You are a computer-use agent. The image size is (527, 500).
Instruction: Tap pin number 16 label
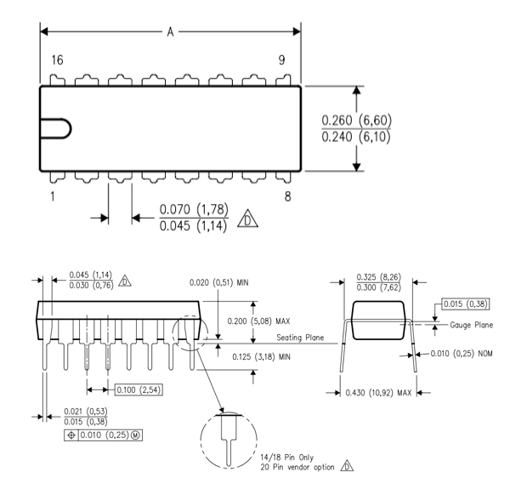click(x=58, y=62)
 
